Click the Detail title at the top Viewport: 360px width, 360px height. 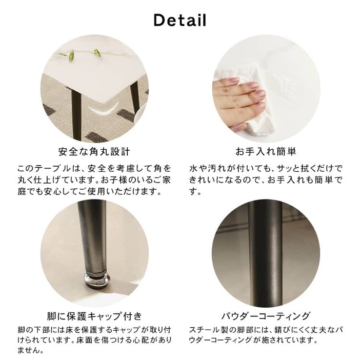180,20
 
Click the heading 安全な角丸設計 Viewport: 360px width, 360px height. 94,152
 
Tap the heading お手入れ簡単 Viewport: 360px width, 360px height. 266,151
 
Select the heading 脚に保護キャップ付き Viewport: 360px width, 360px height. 94,316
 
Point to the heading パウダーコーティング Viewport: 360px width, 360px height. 266,316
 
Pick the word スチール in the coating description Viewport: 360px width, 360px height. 204,330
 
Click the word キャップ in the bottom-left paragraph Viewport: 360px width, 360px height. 127,330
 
